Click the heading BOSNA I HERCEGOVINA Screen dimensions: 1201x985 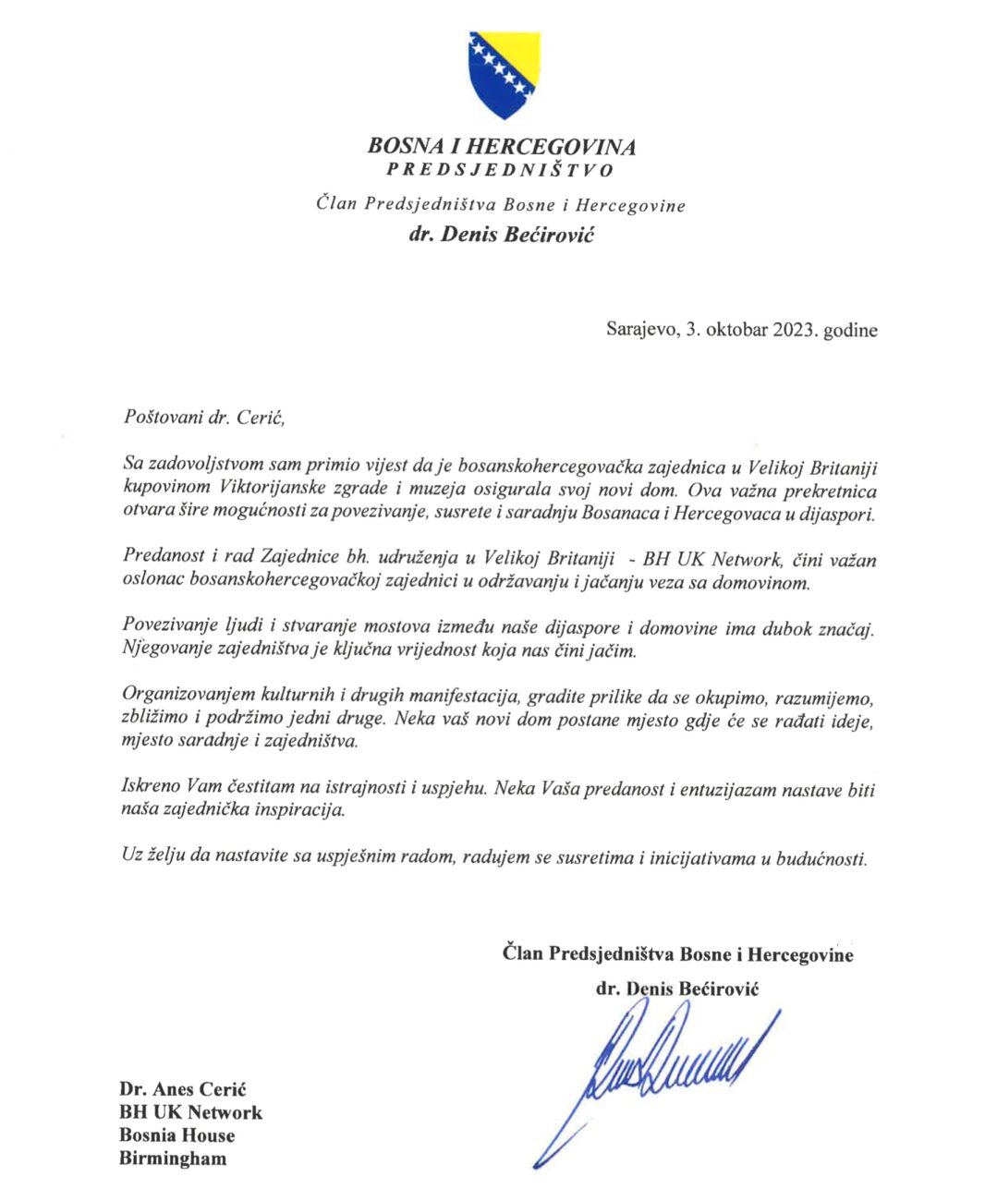tap(502, 146)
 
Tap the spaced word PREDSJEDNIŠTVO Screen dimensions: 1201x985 tap(500, 170)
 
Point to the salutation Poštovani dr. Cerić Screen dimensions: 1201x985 tap(199, 417)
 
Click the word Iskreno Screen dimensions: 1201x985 tap(151, 788)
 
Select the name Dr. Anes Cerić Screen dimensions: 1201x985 tap(183, 1089)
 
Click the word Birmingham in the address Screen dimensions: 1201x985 tap(173, 1159)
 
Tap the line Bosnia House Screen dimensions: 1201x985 tap(177, 1135)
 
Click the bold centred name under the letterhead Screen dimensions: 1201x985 tap(502, 234)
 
